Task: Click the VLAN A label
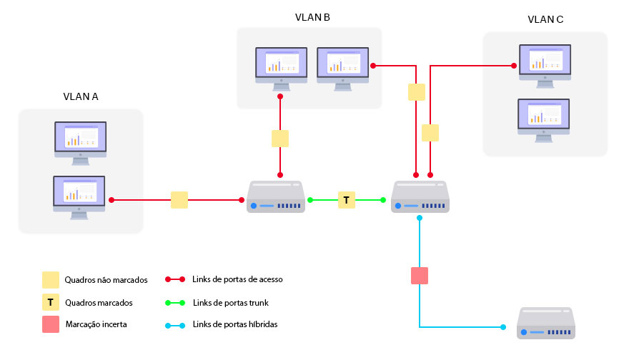81,97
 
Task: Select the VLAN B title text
312,17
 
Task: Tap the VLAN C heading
545,20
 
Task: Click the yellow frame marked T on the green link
347,200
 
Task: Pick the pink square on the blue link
420,276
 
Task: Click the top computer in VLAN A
80,141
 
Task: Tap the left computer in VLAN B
282,68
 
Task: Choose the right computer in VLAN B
342,68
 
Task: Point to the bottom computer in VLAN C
543,119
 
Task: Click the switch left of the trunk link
276,197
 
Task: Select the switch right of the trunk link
420,197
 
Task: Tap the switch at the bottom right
546,324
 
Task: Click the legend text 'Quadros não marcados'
106,279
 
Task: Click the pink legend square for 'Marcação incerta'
51,324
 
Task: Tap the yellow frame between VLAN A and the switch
179,200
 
